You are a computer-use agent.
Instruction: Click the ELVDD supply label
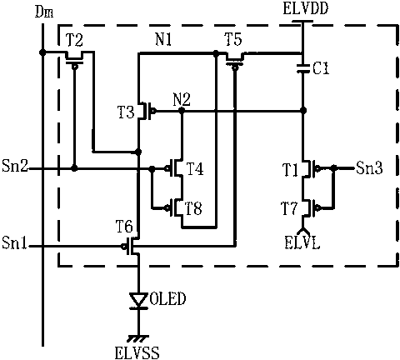coord(306,8)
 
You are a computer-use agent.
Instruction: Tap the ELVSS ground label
coord(137,352)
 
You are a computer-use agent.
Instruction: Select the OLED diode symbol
coord(138,300)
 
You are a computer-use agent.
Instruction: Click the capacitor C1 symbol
coord(303,68)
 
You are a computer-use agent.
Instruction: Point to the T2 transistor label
coord(74,40)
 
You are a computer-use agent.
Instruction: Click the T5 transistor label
coord(233,39)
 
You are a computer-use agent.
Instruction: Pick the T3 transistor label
coord(127,112)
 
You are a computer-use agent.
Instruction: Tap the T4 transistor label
coord(194,169)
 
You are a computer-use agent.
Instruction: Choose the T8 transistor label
coord(193,209)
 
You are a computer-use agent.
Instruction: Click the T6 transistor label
coord(124,227)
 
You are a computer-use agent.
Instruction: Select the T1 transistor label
coord(291,170)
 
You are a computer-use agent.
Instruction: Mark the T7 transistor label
coord(290,209)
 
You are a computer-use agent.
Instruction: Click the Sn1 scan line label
coord(14,242)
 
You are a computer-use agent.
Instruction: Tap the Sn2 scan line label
coord(15,166)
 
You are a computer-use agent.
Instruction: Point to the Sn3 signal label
coord(369,167)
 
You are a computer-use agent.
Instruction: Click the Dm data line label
coord(44,12)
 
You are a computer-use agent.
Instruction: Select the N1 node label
coord(163,40)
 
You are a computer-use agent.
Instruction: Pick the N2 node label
coord(182,99)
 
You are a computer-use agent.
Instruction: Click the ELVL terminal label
coord(302,242)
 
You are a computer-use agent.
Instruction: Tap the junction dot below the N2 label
coord(182,111)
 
